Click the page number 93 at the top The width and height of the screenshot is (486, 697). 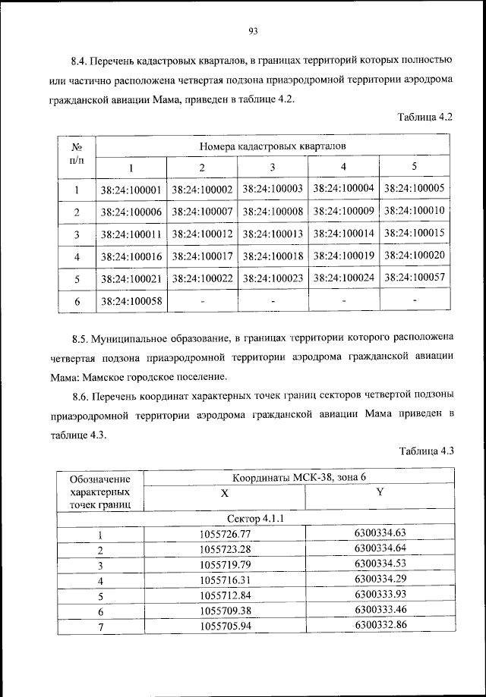coord(254,31)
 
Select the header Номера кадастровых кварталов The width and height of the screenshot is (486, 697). coord(273,146)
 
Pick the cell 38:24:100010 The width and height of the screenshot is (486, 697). coord(415,210)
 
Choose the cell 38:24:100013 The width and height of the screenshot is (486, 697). coord(273,234)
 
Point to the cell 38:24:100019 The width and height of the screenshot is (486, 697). coord(343,256)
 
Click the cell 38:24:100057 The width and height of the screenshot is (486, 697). coord(415,278)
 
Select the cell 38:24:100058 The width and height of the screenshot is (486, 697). coord(131,302)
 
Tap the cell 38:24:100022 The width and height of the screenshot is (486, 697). coord(202,278)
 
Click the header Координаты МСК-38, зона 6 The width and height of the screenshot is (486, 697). coord(300,477)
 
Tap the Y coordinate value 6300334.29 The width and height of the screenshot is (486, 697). coord(380,579)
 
